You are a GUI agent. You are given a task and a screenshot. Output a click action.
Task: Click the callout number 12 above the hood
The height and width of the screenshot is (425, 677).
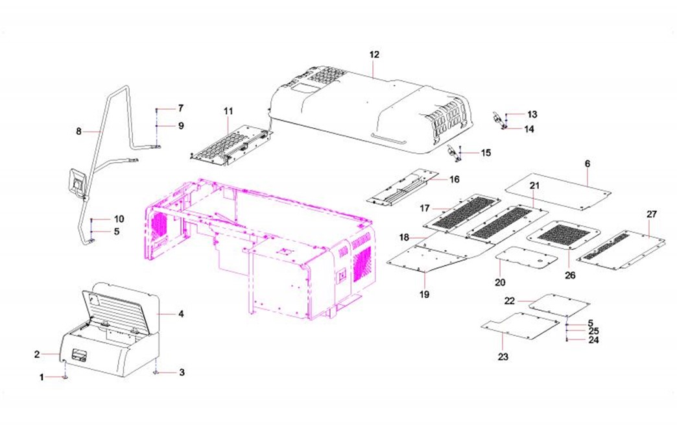374,55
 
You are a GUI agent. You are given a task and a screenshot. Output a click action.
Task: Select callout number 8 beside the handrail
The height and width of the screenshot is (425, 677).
78,131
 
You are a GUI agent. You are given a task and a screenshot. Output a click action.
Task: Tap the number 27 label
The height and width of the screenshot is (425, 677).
652,214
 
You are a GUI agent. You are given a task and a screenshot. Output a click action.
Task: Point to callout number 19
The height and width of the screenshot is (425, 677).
424,294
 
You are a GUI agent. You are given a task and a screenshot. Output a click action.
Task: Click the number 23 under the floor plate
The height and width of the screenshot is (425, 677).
503,357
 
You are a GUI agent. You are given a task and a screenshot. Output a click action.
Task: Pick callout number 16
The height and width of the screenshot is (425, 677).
455,179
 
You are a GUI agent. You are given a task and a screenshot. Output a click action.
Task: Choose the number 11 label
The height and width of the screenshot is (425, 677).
228,111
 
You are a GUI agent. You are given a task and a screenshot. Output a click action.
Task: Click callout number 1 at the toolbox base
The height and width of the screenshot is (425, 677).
42,378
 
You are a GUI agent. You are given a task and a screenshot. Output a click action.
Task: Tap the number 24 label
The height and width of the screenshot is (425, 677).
593,340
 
